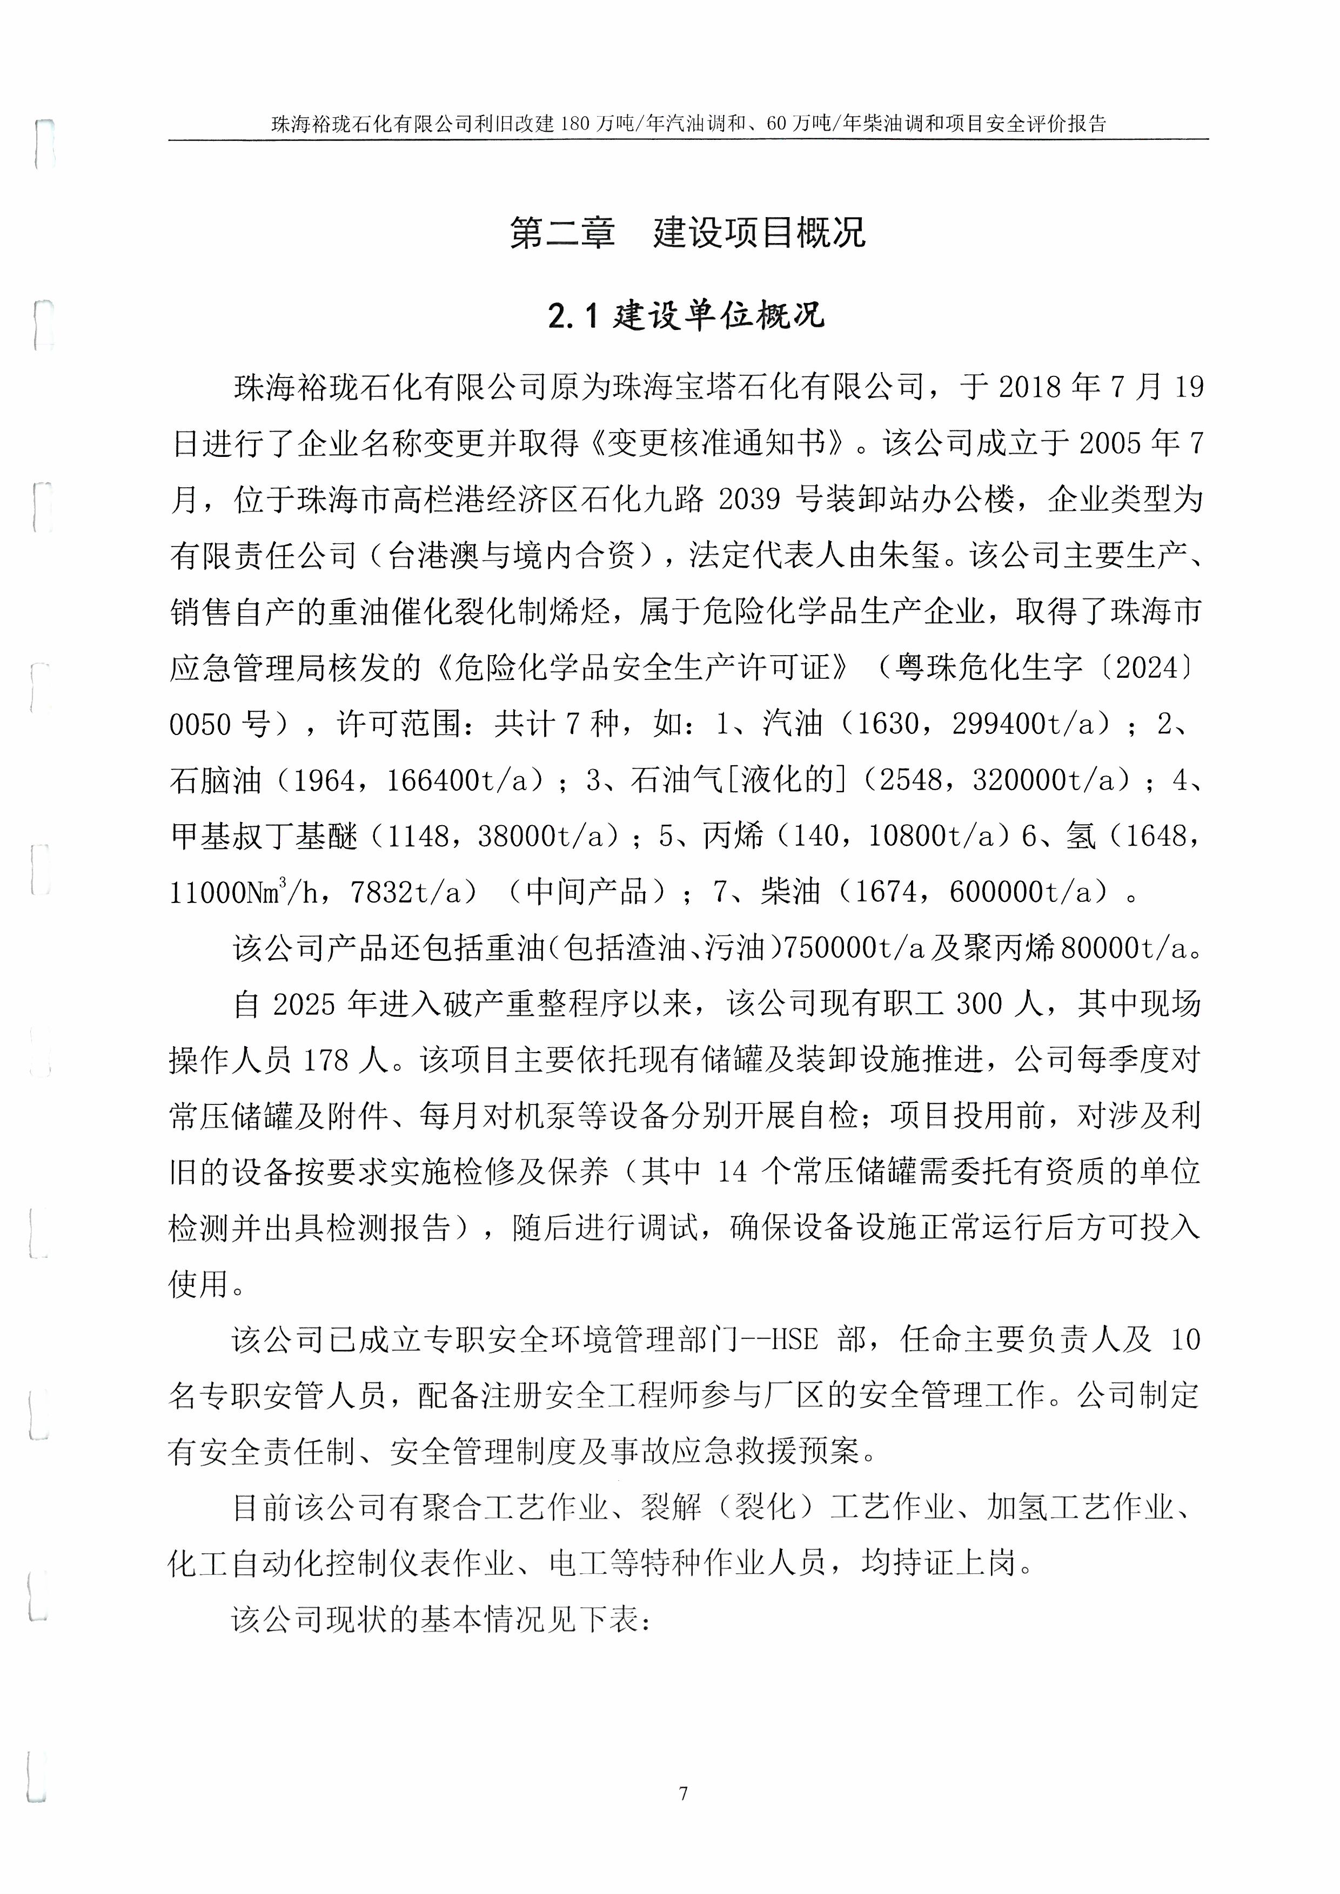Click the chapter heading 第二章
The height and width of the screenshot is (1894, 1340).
tap(562, 233)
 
